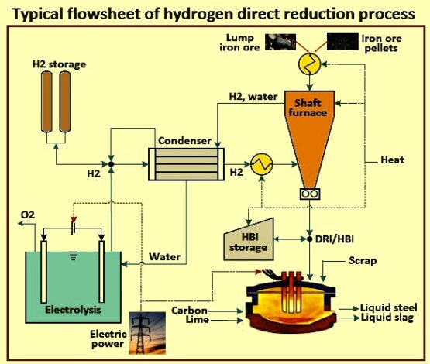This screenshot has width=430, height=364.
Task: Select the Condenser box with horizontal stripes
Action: click(x=184, y=164)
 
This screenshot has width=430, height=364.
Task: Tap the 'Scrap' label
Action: click(x=362, y=261)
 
